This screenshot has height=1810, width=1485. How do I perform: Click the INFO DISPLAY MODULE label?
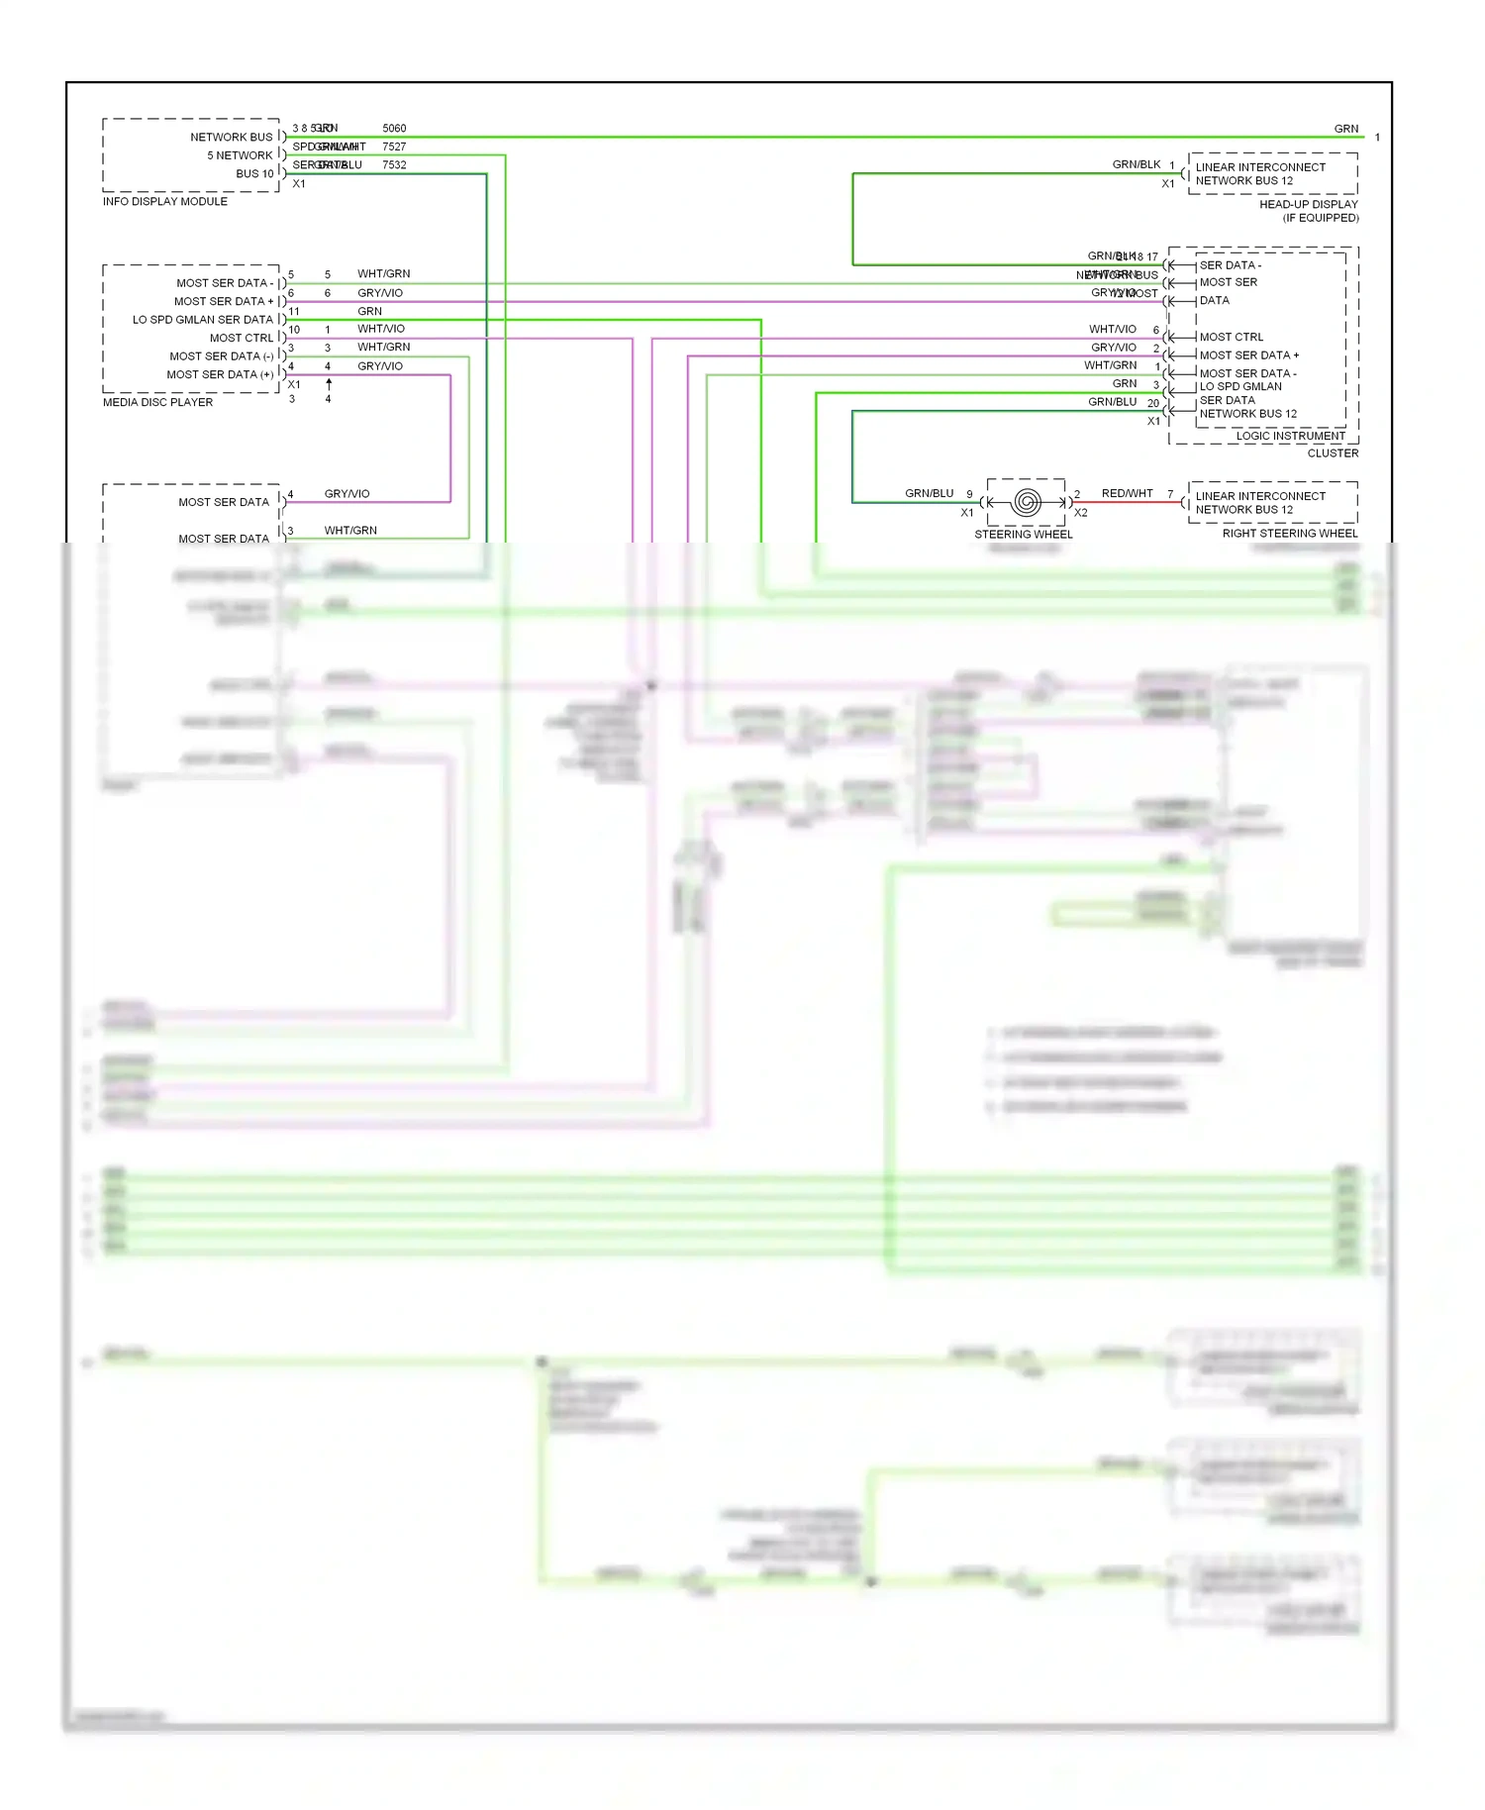coord(164,202)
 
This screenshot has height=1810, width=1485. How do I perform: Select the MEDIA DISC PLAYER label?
coord(157,403)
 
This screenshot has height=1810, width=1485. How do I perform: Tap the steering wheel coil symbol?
coord(1026,502)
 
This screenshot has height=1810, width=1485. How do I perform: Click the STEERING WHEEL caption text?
coord(1023,535)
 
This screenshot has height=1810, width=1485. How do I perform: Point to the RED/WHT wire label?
coord(1127,493)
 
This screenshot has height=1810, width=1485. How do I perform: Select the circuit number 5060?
coord(394,129)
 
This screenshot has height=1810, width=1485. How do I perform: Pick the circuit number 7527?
coord(394,147)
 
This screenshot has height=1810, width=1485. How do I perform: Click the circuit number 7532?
coord(394,165)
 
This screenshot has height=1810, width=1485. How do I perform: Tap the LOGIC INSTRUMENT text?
coord(1290,437)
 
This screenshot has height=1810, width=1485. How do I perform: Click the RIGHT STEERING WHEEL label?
coord(1289,534)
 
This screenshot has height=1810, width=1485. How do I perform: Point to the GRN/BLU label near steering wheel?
coord(929,493)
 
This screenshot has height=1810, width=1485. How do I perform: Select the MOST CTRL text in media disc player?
coord(241,339)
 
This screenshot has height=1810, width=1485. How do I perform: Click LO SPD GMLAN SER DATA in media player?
coord(202,320)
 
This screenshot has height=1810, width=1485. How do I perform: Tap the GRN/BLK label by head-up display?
coord(1136,165)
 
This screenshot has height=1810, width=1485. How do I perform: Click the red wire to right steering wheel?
coord(1129,503)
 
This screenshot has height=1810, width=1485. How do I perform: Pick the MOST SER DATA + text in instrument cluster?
coord(1248,355)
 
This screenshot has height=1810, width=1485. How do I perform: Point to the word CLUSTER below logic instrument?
coord(1333,453)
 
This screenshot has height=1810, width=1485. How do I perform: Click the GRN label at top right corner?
coord(1345,129)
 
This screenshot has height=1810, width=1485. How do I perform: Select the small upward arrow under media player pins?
coord(329,383)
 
